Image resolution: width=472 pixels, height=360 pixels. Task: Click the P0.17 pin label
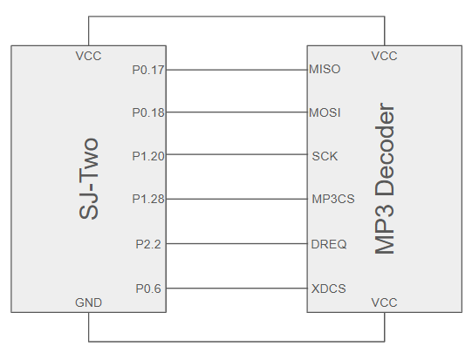tap(148, 70)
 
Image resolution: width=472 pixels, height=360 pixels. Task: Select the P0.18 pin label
tap(148, 112)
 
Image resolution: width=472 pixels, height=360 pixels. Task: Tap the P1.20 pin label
tap(148, 156)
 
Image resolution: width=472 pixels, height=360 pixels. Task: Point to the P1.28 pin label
tap(148, 199)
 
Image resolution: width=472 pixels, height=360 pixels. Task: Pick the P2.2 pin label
tap(148, 244)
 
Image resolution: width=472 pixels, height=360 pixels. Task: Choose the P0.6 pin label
tap(148, 289)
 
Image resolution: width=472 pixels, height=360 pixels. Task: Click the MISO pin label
tap(325, 69)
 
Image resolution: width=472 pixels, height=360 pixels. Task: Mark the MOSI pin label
tap(325, 112)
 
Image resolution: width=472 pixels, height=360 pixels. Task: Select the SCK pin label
tap(325, 156)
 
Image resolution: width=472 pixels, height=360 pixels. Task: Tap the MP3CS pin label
tap(333, 199)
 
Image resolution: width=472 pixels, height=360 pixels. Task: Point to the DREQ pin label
tap(329, 244)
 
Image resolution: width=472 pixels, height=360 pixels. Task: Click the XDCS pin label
tap(329, 289)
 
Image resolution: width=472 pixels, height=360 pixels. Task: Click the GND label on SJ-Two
tap(88, 302)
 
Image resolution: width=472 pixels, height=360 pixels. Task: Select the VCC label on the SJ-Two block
tap(88, 56)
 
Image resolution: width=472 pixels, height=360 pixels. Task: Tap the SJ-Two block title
tap(88, 179)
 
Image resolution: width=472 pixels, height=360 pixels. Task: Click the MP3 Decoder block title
tap(385, 179)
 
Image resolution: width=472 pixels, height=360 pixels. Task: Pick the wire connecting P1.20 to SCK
tap(236, 154)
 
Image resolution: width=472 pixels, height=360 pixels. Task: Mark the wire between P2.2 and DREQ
tap(236, 243)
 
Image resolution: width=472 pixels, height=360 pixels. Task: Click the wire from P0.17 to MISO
tap(236, 70)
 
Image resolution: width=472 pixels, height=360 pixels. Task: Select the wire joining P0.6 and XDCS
tap(236, 289)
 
